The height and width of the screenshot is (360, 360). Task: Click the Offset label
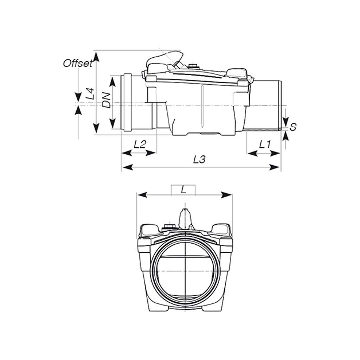[78, 63]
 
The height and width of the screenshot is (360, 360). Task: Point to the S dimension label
[292, 127]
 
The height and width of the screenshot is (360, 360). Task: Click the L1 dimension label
[264, 144]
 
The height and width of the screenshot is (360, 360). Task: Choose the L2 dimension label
[140, 144]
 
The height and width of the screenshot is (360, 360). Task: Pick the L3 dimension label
[199, 159]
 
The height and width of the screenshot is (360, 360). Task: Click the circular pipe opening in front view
[184, 271]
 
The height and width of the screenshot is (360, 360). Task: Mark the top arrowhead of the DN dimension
[112, 81]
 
